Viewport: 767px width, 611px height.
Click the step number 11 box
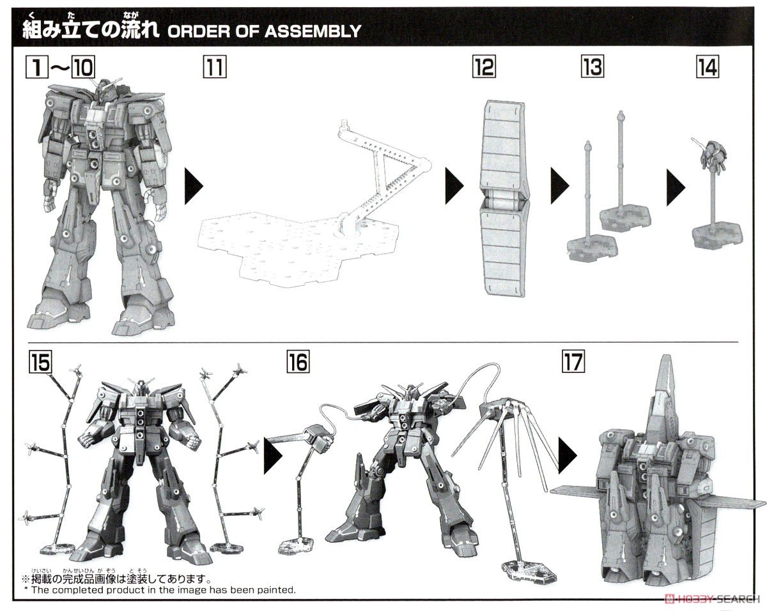click(x=214, y=67)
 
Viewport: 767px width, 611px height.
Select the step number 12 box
click(x=484, y=67)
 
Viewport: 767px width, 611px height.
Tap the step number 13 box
click(x=592, y=67)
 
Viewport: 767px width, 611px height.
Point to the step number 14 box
click(x=706, y=67)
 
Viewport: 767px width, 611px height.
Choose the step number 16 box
click(x=297, y=363)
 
